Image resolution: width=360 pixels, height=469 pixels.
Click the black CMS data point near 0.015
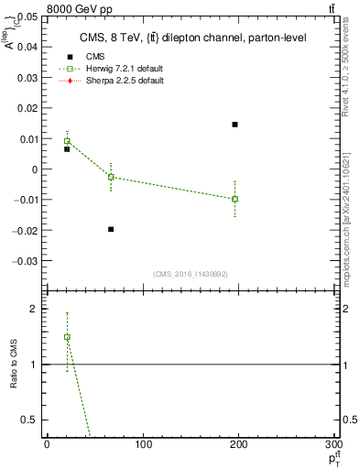(235, 125)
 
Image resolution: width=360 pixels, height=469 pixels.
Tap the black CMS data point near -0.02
(111, 229)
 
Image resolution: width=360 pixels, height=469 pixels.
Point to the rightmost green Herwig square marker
(235, 199)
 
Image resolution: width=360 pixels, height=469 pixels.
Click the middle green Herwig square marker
(111, 177)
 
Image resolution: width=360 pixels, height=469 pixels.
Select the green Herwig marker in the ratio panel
(67, 337)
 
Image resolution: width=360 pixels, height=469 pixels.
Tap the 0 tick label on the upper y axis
(35, 169)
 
